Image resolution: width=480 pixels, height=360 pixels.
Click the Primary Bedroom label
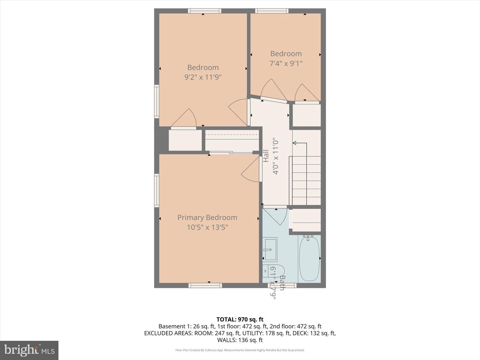(x=207, y=217)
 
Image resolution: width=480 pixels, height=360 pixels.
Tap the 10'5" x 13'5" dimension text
(x=207, y=227)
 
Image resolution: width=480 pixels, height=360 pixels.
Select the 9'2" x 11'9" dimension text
(x=203, y=77)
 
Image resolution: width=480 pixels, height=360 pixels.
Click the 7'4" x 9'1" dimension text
(x=286, y=63)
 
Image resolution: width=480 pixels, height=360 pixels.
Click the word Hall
(x=266, y=156)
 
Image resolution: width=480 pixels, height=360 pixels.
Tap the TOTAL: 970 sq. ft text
(x=240, y=319)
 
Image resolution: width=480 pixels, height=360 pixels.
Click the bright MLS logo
(x=29, y=350)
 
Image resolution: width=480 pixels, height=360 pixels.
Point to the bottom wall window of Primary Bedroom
(x=205, y=285)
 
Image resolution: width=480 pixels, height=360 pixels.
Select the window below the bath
(x=282, y=285)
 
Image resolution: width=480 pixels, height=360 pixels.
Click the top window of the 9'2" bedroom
(x=205, y=11)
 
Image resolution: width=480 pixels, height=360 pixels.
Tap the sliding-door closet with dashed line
(x=232, y=140)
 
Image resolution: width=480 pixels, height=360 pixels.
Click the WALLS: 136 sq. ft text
(x=240, y=340)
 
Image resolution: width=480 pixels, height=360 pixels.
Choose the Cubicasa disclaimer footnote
(x=240, y=350)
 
